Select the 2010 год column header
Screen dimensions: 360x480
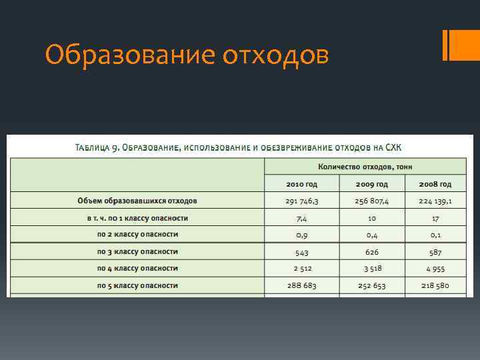[302, 184]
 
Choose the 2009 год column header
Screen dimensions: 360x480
[372, 184]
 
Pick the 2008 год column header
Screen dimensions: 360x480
[435, 184]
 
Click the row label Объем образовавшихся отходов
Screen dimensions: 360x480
[137, 201]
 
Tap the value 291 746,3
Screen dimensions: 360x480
[302, 201]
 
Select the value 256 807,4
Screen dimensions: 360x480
[372, 201]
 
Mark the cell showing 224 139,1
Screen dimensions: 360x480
[435, 201]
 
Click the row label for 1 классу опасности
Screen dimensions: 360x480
[137, 218]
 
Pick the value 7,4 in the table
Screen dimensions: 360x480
[302, 218]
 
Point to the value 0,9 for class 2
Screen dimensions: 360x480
[302, 235]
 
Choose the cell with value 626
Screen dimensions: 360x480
[372, 252]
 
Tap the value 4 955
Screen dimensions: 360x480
[435, 269]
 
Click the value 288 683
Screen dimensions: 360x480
[302, 285]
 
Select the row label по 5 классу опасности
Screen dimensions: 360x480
[137, 285]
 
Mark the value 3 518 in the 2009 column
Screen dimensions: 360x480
[372, 269]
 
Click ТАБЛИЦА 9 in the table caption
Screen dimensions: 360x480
[97, 147]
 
